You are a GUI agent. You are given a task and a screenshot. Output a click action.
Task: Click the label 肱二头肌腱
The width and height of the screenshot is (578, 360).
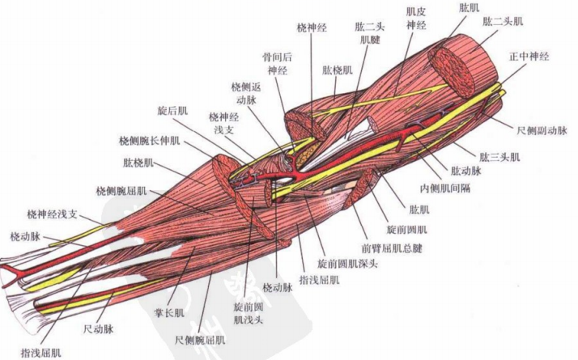click(x=371, y=33)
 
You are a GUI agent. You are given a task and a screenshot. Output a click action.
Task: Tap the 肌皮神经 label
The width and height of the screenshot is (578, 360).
click(x=415, y=19)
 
